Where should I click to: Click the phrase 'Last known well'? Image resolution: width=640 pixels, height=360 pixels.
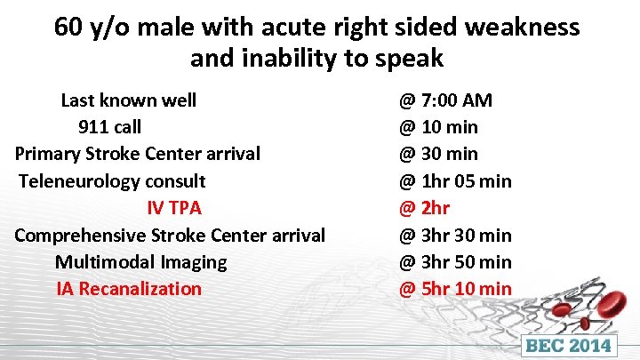128,100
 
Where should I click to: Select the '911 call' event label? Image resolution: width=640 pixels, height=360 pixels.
109,126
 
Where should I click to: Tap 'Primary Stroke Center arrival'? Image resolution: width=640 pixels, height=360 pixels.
138,154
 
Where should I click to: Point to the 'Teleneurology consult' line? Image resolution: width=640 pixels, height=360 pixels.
112,181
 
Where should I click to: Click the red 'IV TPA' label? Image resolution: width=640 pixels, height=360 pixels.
174,208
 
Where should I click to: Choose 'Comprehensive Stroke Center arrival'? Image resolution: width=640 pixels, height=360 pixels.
170,236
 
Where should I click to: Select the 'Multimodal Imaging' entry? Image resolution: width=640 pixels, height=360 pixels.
140,262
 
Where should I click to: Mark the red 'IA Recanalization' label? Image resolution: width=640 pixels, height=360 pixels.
129,289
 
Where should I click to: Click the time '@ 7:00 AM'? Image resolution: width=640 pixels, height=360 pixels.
445,100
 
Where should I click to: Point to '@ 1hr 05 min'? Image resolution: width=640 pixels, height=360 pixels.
455,181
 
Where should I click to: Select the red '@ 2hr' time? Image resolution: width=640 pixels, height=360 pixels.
425,208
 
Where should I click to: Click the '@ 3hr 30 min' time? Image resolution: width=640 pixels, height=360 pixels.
455,236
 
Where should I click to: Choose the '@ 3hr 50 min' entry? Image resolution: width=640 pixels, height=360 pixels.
455,262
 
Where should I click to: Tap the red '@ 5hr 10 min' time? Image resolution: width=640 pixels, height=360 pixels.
455,289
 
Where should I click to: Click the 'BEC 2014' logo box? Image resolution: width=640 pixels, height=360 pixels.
571,346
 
